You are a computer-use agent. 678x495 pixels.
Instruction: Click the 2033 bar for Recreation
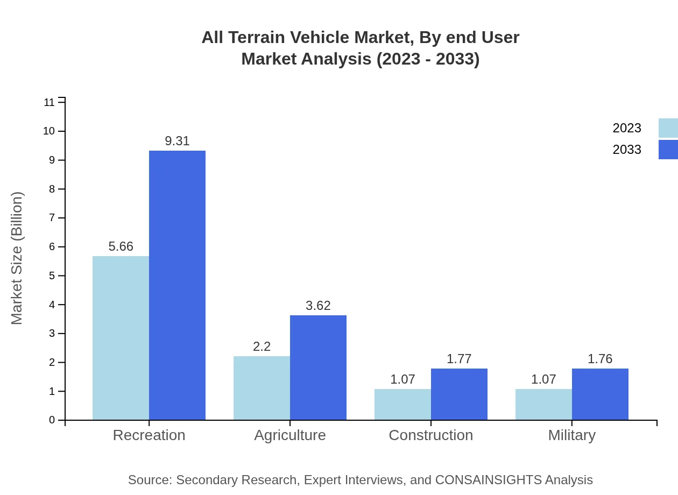click(x=177, y=285)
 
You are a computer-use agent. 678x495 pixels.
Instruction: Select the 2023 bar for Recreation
click(x=121, y=338)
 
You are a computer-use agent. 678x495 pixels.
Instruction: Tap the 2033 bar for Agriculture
click(x=318, y=367)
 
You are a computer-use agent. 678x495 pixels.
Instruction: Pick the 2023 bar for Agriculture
click(x=262, y=388)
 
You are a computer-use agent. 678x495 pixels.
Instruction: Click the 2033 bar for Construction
click(x=459, y=394)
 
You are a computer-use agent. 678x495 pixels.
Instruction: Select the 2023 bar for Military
click(x=543, y=405)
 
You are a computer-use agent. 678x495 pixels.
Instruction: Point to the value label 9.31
click(x=177, y=141)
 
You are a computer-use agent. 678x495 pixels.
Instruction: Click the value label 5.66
click(x=121, y=246)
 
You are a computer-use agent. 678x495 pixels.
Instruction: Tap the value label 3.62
click(x=318, y=306)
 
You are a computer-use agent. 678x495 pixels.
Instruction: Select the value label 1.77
click(x=459, y=359)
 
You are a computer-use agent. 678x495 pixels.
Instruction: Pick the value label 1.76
click(x=600, y=359)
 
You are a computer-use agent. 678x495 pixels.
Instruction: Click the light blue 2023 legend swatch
click(x=668, y=128)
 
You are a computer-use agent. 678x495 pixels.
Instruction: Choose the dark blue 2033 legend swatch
click(x=668, y=150)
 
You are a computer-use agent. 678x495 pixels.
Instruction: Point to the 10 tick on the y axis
click(x=49, y=131)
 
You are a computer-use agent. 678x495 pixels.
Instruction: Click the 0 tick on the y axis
click(x=52, y=420)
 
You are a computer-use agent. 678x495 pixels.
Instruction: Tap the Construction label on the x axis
click(x=430, y=435)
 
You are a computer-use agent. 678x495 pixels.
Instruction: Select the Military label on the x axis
click(x=571, y=435)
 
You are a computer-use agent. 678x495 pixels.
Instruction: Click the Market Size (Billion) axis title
click(x=17, y=258)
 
